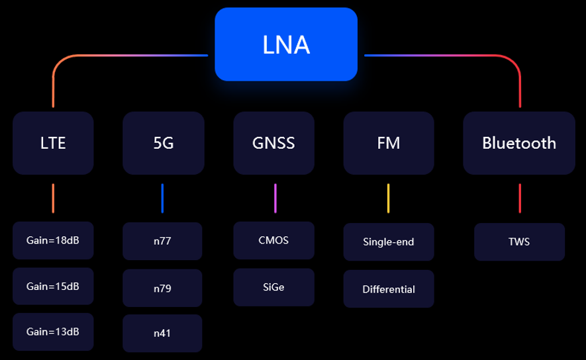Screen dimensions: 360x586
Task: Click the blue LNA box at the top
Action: click(286, 44)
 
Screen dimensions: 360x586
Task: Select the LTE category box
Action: click(53, 143)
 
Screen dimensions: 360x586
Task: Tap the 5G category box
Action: click(163, 143)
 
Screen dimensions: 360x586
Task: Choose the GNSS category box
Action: click(273, 143)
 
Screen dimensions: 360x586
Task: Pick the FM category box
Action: click(389, 143)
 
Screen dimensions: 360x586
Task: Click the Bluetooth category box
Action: click(518, 143)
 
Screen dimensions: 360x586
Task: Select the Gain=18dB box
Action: click(53, 240)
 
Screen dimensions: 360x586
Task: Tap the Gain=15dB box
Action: click(53, 287)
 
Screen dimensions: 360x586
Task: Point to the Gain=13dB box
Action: click(53, 330)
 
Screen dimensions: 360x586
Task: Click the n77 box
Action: click(162, 241)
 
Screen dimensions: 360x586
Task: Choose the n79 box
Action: click(162, 288)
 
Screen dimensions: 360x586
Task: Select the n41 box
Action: click(162, 333)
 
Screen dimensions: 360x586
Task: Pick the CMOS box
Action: click(273, 240)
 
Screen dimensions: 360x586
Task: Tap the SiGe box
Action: click(273, 287)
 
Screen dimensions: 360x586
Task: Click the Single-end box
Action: click(389, 242)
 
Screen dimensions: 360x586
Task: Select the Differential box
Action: click(389, 289)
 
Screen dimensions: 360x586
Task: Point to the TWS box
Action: click(519, 242)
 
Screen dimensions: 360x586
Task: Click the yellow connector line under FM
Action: click(389, 199)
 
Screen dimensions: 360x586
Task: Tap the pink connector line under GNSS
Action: click(275, 199)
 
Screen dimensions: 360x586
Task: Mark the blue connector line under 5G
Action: click(162, 199)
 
